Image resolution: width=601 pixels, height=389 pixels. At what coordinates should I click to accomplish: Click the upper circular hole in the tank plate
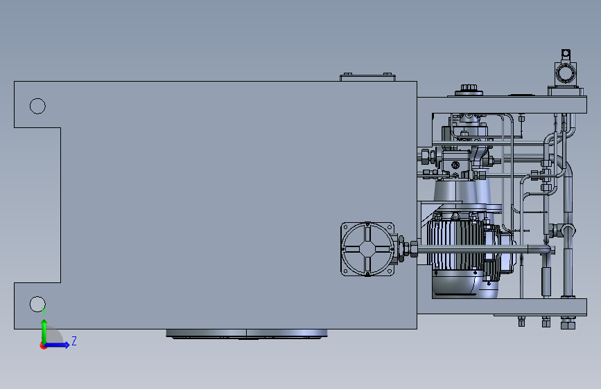pyautogui.click(x=37, y=106)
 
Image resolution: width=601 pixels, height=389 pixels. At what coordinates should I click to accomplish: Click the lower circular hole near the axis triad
pyautogui.click(x=37, y=304)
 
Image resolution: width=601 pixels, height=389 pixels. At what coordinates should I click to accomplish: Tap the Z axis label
pyautogui.click(x=74, y=341)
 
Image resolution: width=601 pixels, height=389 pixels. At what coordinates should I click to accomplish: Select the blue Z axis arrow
pyautogui.click(x=57, y=345)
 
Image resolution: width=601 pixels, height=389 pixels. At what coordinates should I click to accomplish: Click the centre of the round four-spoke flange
pyautogui.click(x=367, y=249)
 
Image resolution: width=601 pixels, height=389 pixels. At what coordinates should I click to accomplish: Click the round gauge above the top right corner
pyautogui.click(x=564, y=73)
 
